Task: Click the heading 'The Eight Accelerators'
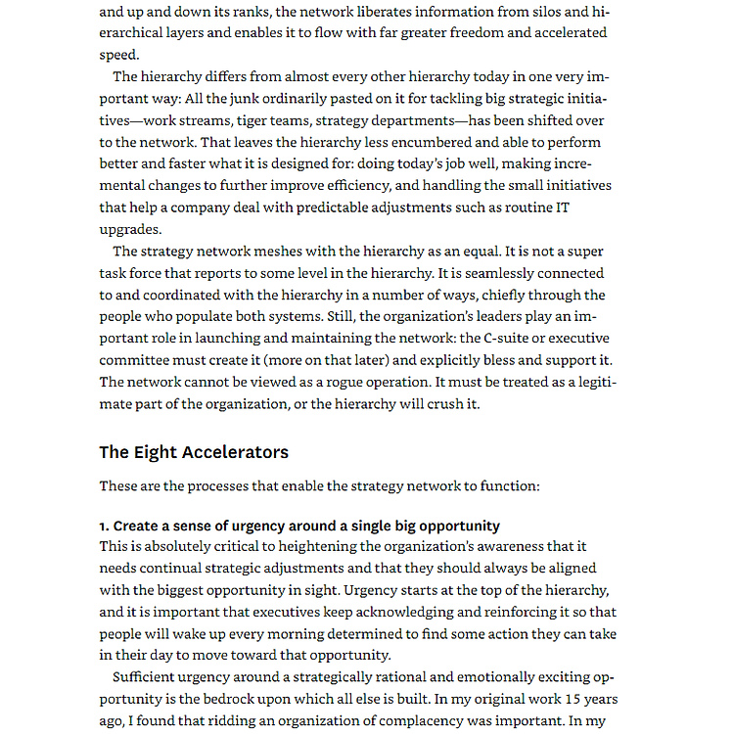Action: point(193,452)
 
